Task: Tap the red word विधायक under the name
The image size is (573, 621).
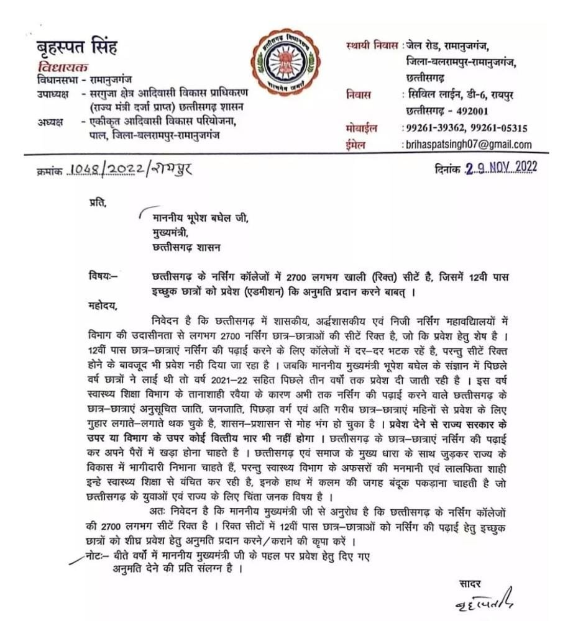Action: pos(62,67)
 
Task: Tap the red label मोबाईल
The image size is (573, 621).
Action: pos(362,129)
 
